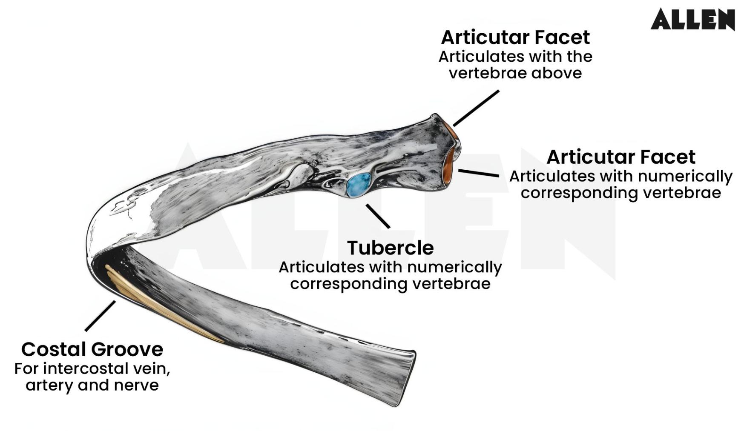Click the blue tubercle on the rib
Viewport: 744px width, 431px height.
click(358, 185)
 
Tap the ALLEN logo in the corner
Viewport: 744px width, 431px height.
click(692, 20)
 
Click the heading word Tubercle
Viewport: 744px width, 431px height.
click(390, 248)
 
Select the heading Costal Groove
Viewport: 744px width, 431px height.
click(92, 349)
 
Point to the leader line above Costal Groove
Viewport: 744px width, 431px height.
click(100, 316)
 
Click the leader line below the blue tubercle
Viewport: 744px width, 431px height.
click(378, 216)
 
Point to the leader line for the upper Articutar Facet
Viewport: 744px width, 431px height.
click(476, 108)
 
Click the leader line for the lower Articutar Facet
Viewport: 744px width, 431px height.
click(478, 173)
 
